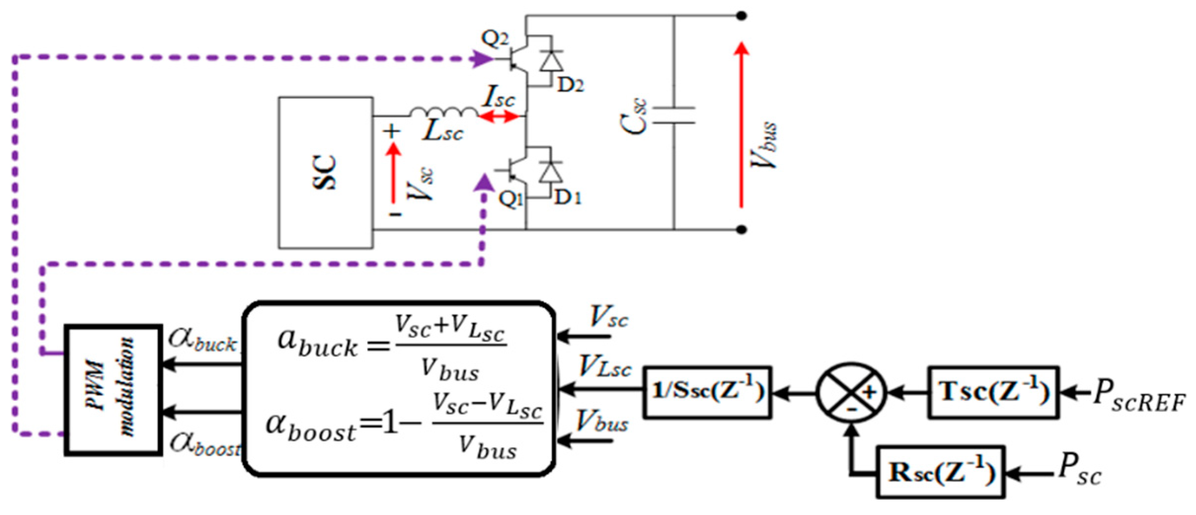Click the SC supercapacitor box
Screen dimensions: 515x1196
click(x=325, y=172)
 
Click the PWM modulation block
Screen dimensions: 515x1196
click(x=113, y=390)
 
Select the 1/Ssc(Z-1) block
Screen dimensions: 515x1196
click(x=708, y=393)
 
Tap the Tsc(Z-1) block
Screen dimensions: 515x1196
click(x=994, y=393)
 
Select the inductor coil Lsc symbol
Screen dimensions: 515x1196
click(x=443, y=113)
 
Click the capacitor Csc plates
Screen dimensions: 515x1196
click(x=674, y=115)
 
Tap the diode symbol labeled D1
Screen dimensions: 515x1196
click(x=551, y=173)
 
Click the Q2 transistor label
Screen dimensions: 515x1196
click(x=494, y=38)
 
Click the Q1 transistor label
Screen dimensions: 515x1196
click(x=510, y=198)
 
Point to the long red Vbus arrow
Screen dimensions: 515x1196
click(x=741, y=123)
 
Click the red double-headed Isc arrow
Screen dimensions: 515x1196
click(x=499, y=117)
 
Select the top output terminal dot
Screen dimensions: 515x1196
click(x=741, y=16)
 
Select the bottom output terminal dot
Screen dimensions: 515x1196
click(x=741, y=230)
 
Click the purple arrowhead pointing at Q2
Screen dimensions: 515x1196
click(x=482, y=59)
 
